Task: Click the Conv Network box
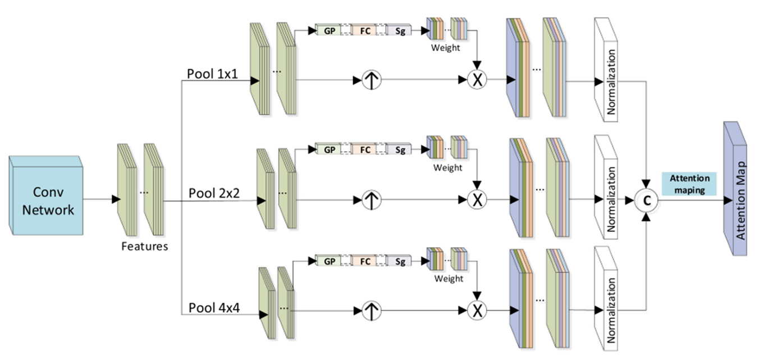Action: pos(45,195)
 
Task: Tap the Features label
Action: pos(144,246)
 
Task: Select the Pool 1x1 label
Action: pos(212,74)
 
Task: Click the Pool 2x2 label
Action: pos(214,193)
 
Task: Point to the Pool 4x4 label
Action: pos(214,308)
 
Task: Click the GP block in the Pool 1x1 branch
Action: pos(328,30)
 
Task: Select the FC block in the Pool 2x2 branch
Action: pos(364,149)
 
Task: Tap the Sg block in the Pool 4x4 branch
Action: pos(399,261)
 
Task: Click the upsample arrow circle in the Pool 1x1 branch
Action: pos(372,80)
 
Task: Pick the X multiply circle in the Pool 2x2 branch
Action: pos(477,199)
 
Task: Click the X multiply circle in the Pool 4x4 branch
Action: pos(477,310)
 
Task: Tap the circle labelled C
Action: pos(646,200)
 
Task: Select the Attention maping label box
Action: pos(689,184)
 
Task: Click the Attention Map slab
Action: pos(735,189)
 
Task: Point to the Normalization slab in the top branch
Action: pos(606,70)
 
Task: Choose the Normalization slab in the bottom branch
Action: pos(606,298)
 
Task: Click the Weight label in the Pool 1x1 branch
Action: pos(445,48)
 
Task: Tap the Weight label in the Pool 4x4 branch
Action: pos(449,279)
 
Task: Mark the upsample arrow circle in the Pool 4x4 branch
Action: pos(372,311)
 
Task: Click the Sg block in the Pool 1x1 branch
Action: pos(399,30)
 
